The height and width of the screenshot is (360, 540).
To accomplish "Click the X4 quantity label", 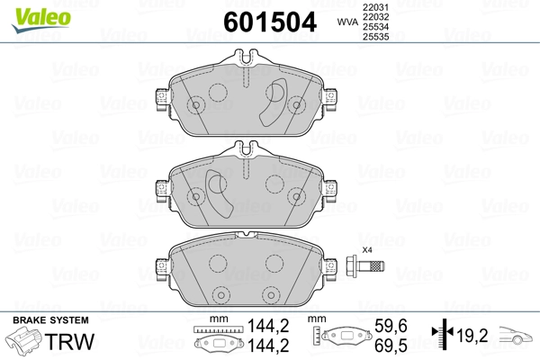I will (x=366, y=249).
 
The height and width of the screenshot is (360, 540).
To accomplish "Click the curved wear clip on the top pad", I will (x=273, y=101).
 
